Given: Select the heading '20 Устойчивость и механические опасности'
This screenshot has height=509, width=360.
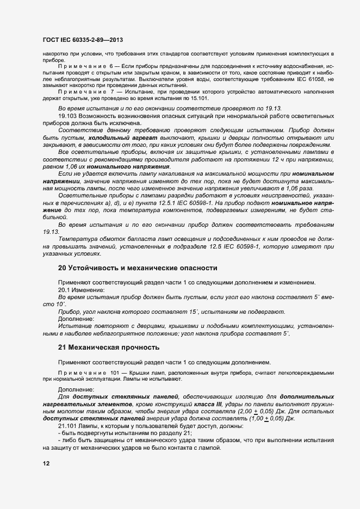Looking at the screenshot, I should tap(138, 268).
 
